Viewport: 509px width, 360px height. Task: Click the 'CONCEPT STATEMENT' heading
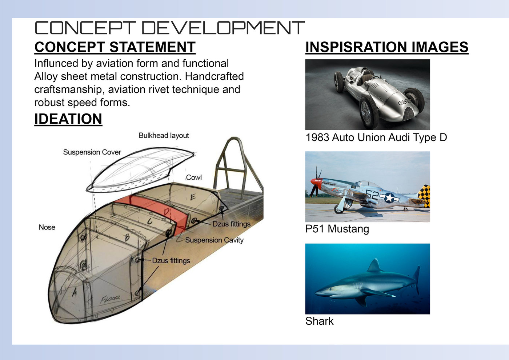click(115, 47)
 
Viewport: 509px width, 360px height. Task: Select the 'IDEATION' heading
click(68, 119)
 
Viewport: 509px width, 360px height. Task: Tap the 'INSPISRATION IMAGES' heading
click(387, 47)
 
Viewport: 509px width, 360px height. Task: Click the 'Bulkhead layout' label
click(164, 135)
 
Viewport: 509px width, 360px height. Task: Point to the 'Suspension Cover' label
click(92, 152)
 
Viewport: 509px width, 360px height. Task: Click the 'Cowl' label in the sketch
click(194, 177)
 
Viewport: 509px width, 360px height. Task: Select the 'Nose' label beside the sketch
click(47, 227)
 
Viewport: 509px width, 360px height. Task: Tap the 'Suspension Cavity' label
click(214, 240)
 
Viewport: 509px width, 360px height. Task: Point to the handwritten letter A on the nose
click(74, 293)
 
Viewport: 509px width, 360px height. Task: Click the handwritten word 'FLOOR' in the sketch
click(110, 299)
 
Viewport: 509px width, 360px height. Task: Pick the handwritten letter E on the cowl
click(193, 197)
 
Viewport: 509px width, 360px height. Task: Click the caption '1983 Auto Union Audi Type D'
click(376, 137)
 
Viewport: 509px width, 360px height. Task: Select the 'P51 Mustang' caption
click(337, 229)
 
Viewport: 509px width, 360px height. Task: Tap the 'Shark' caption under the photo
click(320, 321)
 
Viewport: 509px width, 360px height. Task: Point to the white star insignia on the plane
click(389, 198)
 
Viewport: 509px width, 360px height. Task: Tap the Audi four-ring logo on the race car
click(404, 102)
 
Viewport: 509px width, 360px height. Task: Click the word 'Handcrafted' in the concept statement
click(214, 76)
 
